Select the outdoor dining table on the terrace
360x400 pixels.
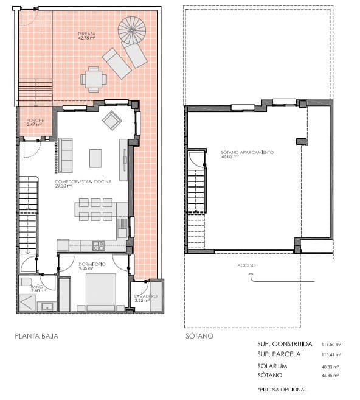(94, 79)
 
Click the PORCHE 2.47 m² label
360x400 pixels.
(35, 122)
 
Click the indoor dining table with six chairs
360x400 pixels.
(94, 209)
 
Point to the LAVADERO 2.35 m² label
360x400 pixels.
(146, 298)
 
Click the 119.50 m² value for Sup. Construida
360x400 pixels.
(331, 345)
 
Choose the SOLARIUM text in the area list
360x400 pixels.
(272, 367)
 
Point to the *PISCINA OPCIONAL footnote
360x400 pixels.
(282, 389)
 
